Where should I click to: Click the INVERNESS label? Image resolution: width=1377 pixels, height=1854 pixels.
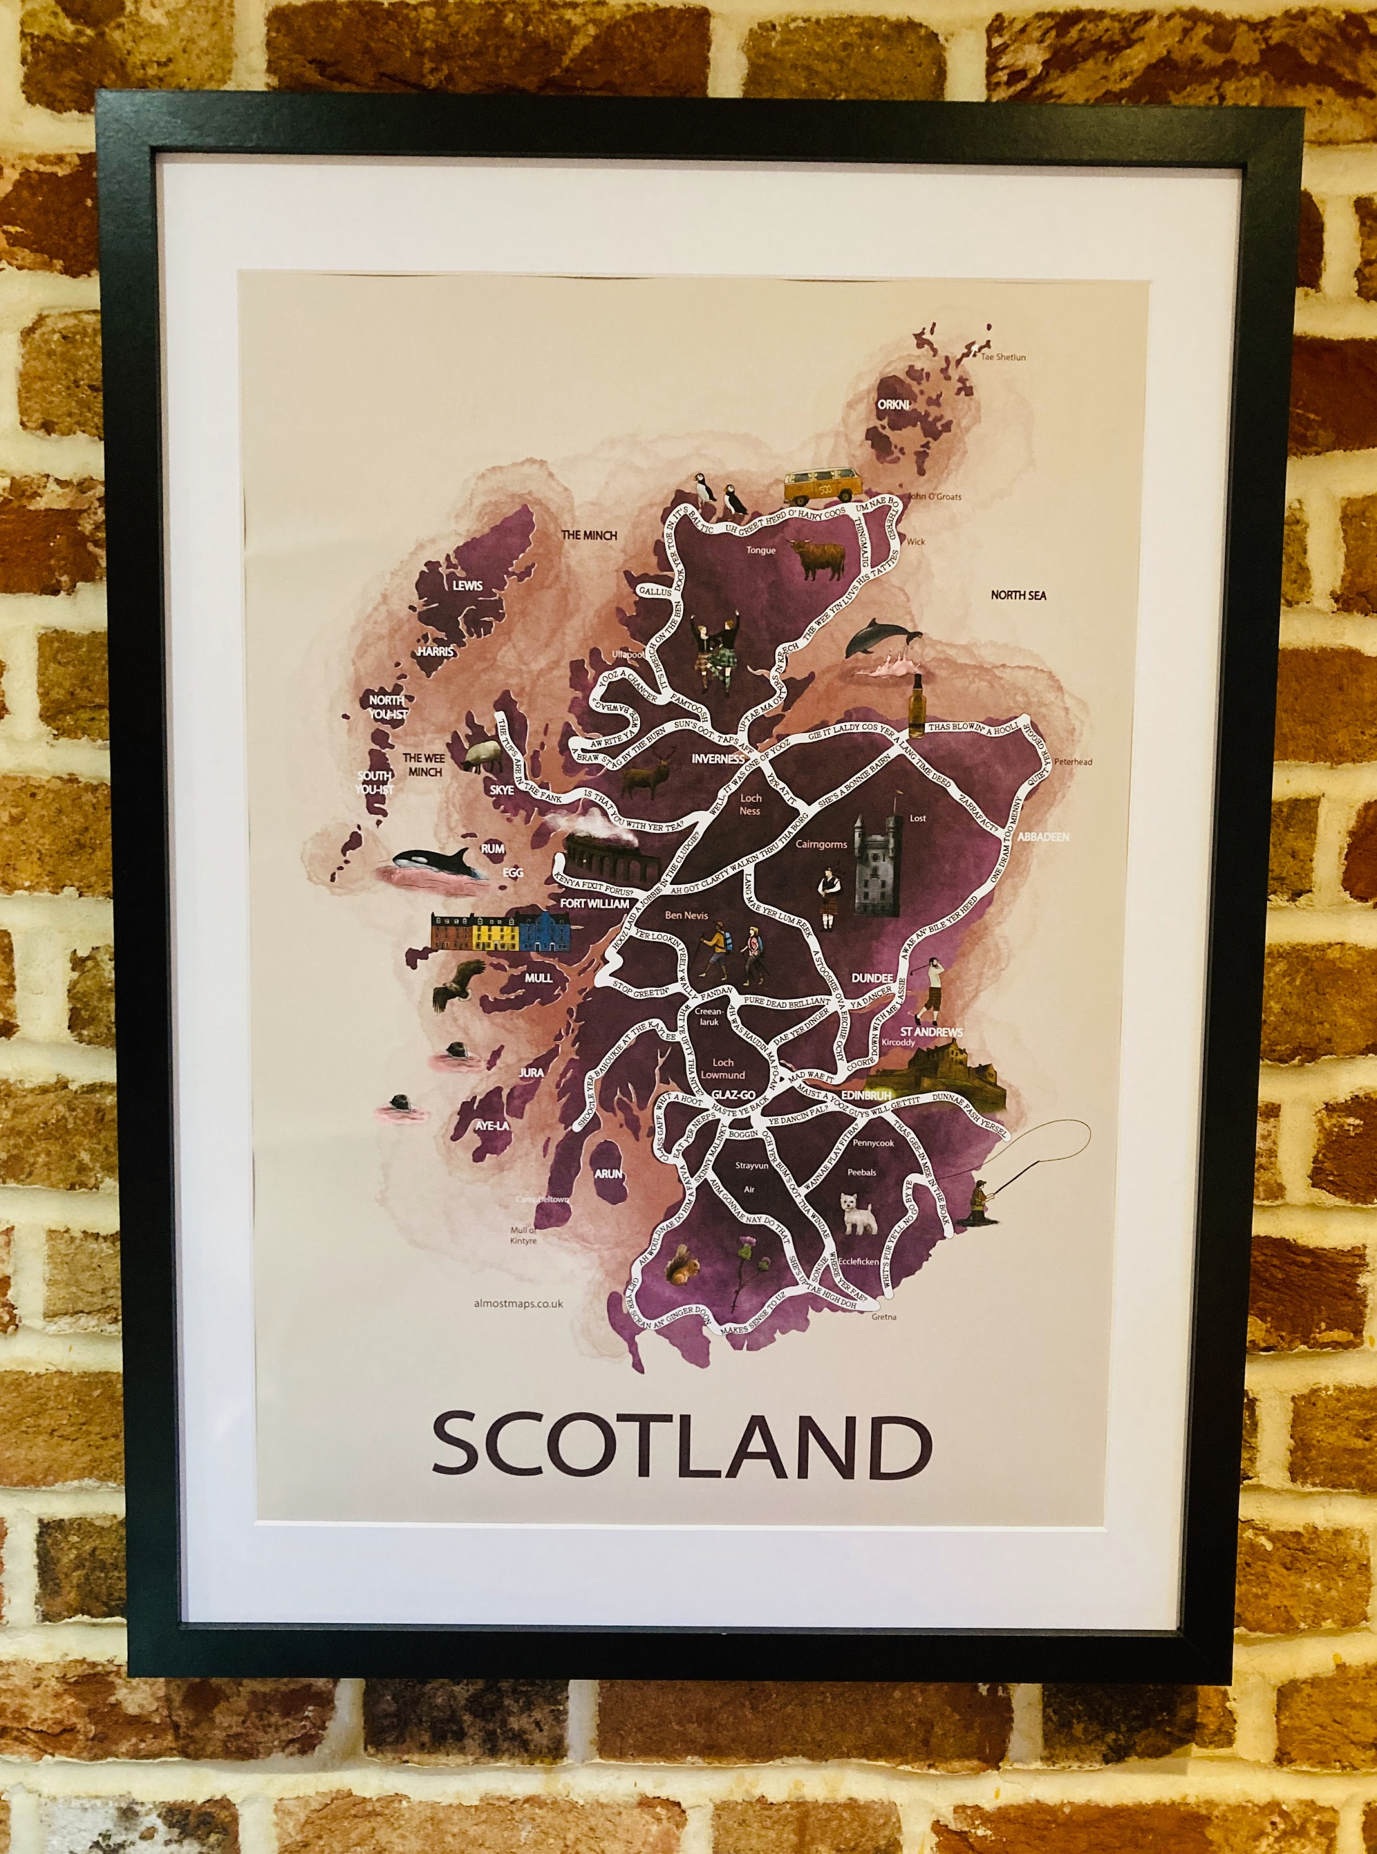717,760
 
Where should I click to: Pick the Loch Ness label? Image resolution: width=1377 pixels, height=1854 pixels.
751,803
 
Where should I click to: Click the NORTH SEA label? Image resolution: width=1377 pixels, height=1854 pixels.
1017,595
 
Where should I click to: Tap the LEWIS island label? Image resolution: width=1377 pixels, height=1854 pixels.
467,585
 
